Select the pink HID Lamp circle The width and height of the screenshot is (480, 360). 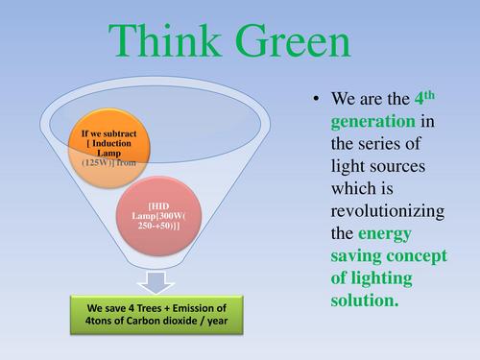[165, 220]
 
